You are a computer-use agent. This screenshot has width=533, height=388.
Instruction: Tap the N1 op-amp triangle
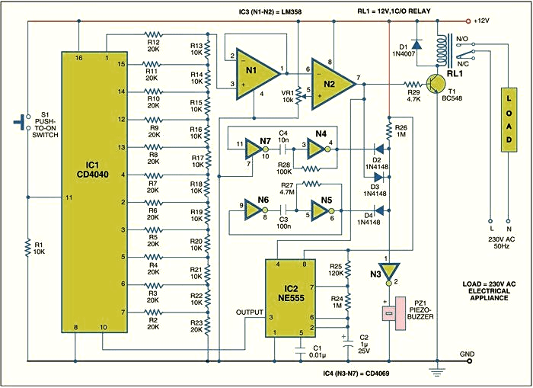click(x=257, y=73)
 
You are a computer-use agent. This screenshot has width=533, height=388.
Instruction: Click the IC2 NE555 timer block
click(x=290, y=298)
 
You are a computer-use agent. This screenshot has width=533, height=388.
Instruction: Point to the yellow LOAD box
click(x=509, y=120)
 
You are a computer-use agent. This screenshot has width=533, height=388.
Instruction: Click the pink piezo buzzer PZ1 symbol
click(x=394, y=313)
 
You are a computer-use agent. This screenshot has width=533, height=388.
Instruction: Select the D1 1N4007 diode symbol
click(x=417, y=44)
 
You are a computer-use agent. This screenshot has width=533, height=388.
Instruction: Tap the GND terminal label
click(x=467, y=354)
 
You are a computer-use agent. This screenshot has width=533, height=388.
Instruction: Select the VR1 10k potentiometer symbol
click(x=298, y=96)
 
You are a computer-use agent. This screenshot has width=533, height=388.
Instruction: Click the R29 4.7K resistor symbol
click(x=413, y=84)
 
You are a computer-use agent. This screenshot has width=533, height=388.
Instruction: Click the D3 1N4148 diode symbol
click(x=378, y=177)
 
